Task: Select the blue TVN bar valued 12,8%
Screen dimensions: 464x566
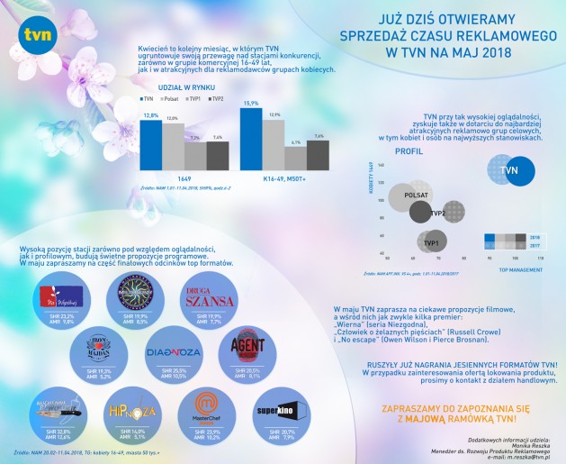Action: point(150,143)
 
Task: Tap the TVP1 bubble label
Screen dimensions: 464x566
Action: point(431,243)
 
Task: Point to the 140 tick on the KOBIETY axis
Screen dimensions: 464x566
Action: point(382,166)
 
